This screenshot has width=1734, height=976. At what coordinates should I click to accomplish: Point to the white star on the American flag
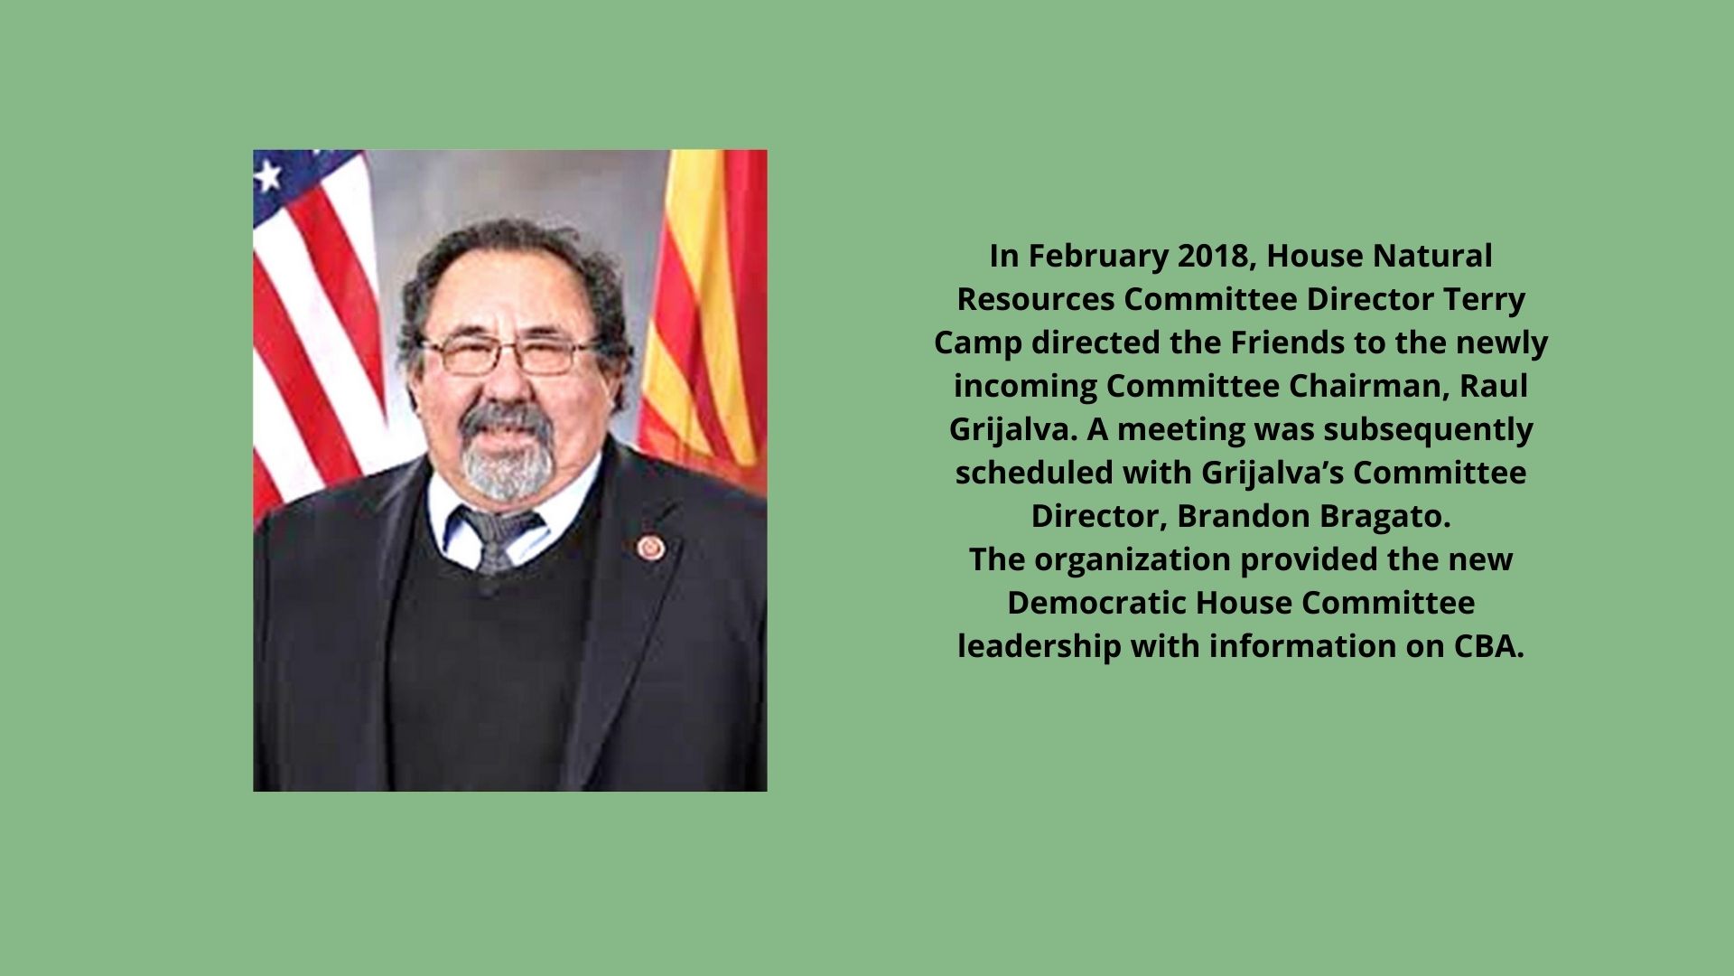(267, 175)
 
